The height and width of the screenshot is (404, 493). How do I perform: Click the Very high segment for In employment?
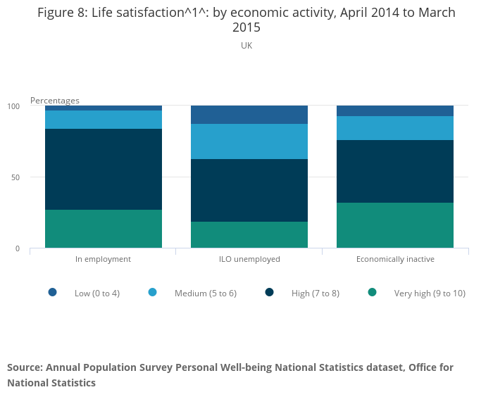(104, 229)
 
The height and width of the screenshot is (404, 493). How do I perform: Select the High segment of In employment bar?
(104, 169)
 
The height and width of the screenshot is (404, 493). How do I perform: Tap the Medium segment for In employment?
(104, 120)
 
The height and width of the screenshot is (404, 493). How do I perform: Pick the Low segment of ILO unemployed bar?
(249, 115)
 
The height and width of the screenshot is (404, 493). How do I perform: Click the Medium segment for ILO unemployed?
(249, 141)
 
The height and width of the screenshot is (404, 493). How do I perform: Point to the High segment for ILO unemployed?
(249, 190)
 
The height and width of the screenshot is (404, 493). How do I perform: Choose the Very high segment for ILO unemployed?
(249, 234)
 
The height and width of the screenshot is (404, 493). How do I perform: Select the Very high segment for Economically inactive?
(395, 225)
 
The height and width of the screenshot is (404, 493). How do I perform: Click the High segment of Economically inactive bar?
(395, 171)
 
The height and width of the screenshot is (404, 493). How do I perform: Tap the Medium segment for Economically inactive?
(395, 128)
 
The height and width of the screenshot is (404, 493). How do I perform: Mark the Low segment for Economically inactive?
(395, 111)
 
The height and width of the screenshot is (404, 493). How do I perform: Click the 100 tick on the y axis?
(13, 106)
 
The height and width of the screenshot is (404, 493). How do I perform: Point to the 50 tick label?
(15, 177)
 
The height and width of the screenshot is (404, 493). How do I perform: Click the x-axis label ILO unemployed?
(249, 259)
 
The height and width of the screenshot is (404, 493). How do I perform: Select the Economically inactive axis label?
(395, 259)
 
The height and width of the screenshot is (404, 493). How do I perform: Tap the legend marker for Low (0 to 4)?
(53, 292)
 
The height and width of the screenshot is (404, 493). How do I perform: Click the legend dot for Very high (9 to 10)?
(373, 292)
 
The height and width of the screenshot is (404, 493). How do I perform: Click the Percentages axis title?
(55, 101)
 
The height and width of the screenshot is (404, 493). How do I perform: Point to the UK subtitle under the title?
(246, 46)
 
